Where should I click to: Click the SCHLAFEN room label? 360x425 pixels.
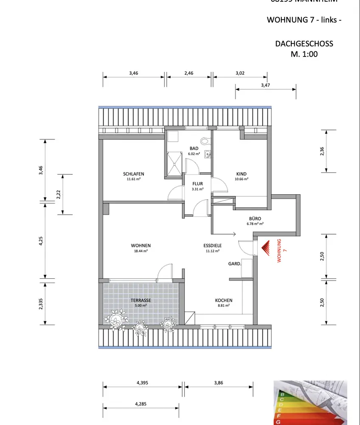[x=133, y=174]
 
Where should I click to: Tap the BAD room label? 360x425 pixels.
[x=194, y=148]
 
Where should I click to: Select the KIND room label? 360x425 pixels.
[x=242, y=174]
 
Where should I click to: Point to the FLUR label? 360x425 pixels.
[x=197, y=184]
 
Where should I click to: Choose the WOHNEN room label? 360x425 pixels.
[x=141, y=245]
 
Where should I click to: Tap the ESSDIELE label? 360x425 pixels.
[x=212, y=245]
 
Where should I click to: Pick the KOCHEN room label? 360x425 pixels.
[x=224, y=300]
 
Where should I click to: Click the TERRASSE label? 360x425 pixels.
[x=141, y=300]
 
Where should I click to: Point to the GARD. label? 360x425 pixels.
[x=235, y=263]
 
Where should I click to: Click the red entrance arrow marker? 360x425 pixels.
[x=266, y=248]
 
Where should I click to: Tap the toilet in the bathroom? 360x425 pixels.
[x=205, y=140]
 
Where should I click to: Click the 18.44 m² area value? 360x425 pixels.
[x=141, y=251]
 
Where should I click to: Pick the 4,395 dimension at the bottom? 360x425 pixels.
[x=143, y=382]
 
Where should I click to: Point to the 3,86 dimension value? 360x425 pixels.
[x=219, y=382]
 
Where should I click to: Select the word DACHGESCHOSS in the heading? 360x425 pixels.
[x=304, y=44]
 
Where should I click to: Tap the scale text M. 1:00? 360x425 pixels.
[x=304, y=54]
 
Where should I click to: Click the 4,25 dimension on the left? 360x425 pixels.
[x=41, y=241]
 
